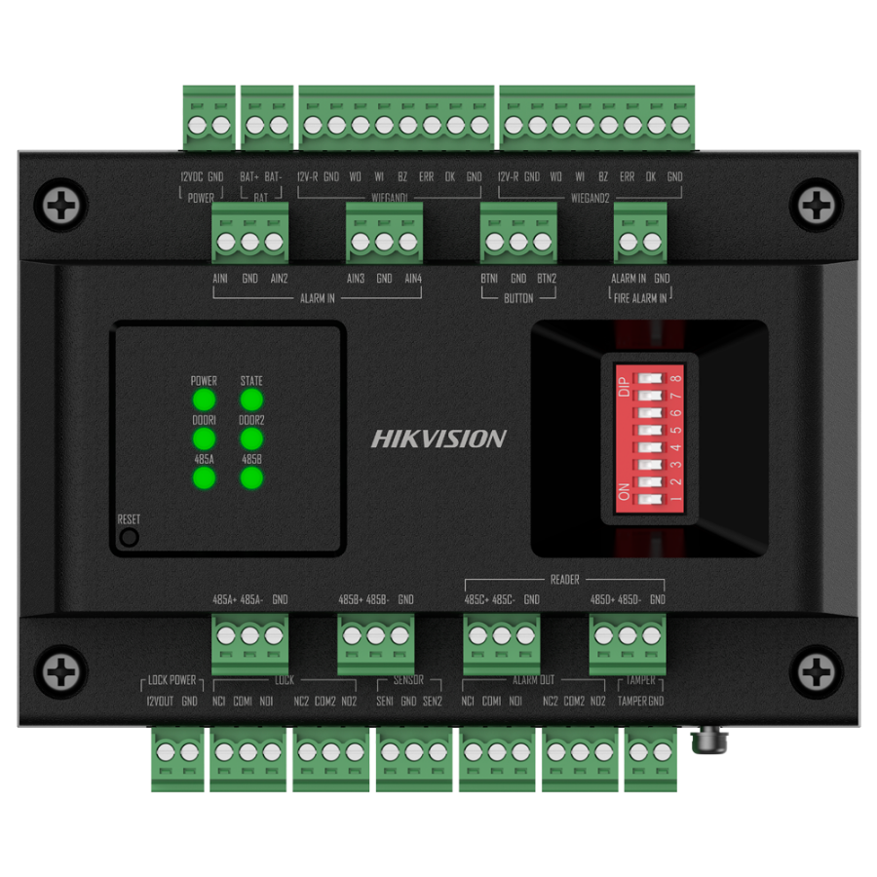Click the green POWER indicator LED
pos(204,400)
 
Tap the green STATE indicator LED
pos(251,400)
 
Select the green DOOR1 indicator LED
pos(204,438)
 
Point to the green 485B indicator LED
pos(251,478)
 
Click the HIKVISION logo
pos(438,439)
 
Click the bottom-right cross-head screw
pos(817,671)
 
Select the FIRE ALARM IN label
pos(640,297)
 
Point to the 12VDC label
pos(192,177)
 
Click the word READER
pos(564,580)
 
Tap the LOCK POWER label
pos(172,681)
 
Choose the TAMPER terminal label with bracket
pos(640,681)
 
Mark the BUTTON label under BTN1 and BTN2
pos(518,297)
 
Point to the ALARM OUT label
pos(533,681)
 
